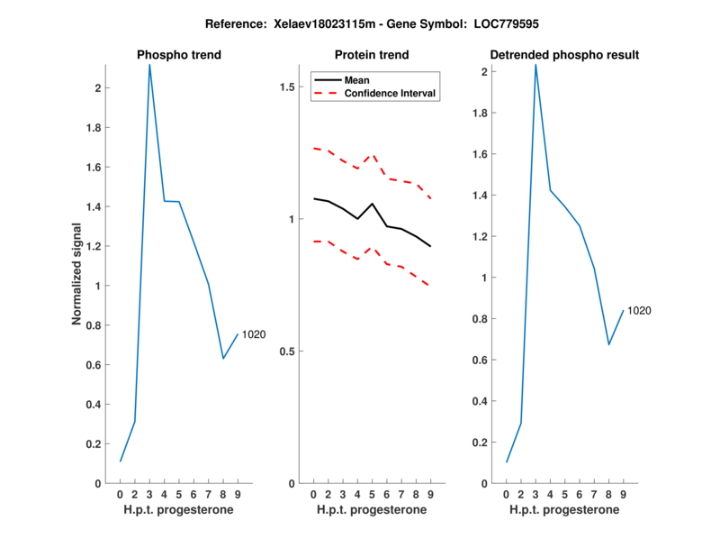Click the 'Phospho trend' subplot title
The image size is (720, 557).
pyautogui.click(x=178, y=55)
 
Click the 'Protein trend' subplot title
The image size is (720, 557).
pyautogui.click(x=372, y=55)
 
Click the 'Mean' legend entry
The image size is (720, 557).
pyautogui.click(x=356, y=80)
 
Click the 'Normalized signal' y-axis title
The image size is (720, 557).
pyautogui.click(x=79, y=274)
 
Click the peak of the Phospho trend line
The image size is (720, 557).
pyautogui.click(x=149, y=65)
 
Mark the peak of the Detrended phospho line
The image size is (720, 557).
pyautogui.click(x=535, y=65)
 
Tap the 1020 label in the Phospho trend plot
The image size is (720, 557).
pyautogui.click(x=254, y=334)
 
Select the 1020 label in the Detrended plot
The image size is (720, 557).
pyautogui.click(x=639, y=310)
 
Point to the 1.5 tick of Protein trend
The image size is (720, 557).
pyautogui.click(x=288, y=87)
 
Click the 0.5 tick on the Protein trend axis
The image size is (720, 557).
pyautogui.click(x=288, y=352)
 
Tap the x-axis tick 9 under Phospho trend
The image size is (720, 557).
pyautogui.click(x=238, y=494)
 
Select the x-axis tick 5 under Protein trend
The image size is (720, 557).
pyautogui.click(x=372, y=494)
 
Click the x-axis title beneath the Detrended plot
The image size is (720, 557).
pyautogui.click(x=564, y=510)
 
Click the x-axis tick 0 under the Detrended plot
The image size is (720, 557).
pyautogui.click(x=506, y=494)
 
